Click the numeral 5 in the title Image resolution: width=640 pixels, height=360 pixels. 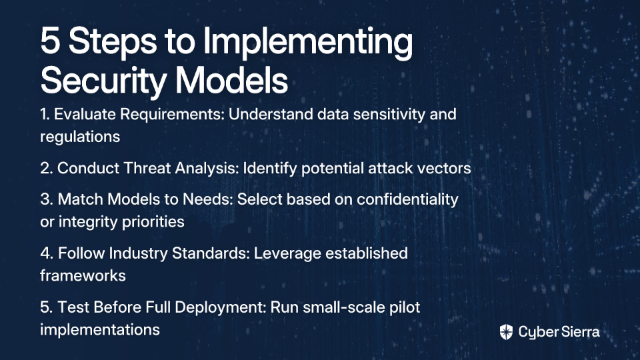[x=50, y=41]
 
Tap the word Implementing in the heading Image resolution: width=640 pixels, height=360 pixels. [x=308, y=43]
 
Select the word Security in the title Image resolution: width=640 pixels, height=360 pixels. [x=103, y=81]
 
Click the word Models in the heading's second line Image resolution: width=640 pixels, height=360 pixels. [x=232, y=80]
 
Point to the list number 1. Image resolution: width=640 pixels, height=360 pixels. [x=45, y=114]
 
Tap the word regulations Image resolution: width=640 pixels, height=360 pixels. [x=80, y=137]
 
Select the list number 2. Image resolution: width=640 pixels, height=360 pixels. [x=46, y=168]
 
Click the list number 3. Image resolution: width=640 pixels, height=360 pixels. [x=46, y=199]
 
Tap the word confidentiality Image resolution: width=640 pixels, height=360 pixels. [x=407, y=199]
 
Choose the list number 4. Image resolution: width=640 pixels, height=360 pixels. [x=47, y=253]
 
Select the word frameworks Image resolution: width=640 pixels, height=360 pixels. [x=83, y=275]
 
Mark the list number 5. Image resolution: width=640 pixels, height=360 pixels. [x=46, y=307]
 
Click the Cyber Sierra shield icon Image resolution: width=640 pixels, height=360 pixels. [x=506, y=332]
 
